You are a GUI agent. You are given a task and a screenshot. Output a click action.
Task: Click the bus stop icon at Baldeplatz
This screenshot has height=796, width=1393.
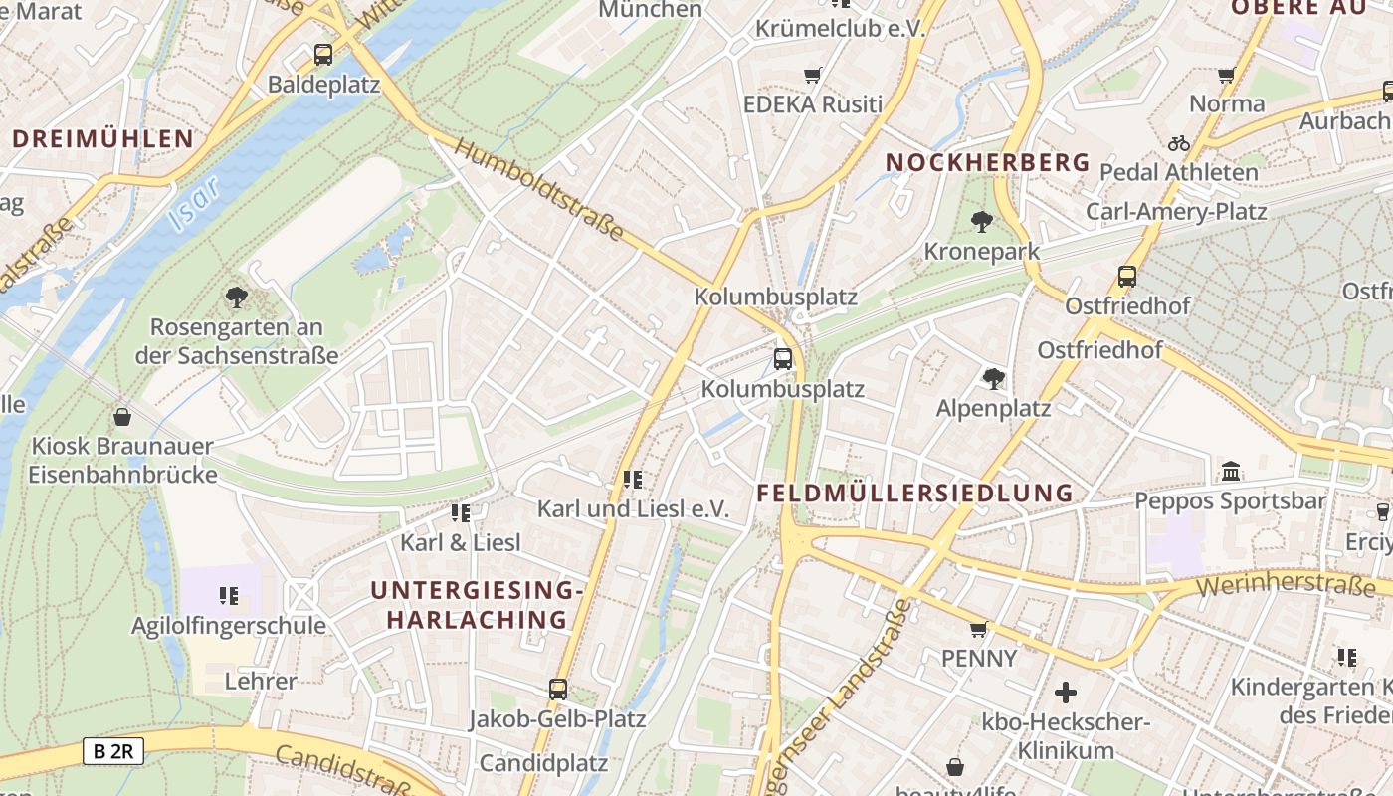(322, 55)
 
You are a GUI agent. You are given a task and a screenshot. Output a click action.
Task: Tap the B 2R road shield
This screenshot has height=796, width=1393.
(112, 751)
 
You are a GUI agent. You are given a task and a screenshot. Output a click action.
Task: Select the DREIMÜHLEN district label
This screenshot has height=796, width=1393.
(102, 138)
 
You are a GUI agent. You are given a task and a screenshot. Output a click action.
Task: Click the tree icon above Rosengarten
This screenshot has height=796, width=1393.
(236, 296)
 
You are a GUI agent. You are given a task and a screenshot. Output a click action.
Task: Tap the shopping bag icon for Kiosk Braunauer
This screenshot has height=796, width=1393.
(122, 416)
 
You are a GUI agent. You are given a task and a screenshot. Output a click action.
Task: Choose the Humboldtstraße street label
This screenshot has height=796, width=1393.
(538, 189)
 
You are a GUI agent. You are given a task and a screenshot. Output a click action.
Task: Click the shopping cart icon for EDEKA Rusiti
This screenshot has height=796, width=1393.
(813, 75)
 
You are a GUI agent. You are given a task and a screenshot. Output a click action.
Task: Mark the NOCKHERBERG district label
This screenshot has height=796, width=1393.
(987, 162)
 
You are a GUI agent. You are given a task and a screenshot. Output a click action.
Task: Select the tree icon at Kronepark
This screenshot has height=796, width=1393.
(982, 221)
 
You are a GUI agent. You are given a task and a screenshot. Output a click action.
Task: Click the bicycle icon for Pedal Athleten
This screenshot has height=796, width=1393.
(1179, 143)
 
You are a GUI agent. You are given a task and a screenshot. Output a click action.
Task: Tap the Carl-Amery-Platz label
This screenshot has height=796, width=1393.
(1176, 211)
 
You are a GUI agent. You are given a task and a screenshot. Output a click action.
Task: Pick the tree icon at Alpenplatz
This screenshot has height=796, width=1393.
(993, 378)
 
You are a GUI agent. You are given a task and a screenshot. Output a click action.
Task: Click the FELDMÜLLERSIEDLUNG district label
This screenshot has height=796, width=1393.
(914, 493)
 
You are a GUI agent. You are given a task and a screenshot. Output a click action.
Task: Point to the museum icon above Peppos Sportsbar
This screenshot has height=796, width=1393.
(1231, 471)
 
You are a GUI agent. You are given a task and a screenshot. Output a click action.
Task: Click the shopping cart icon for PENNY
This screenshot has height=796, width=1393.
(979, 629)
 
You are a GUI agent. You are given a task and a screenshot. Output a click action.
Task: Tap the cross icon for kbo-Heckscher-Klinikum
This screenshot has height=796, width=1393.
(1066, 692)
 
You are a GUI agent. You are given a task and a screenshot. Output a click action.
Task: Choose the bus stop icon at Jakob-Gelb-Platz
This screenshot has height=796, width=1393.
(558, 689)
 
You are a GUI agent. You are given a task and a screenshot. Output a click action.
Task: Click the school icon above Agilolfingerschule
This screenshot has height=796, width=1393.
(229, 596)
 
